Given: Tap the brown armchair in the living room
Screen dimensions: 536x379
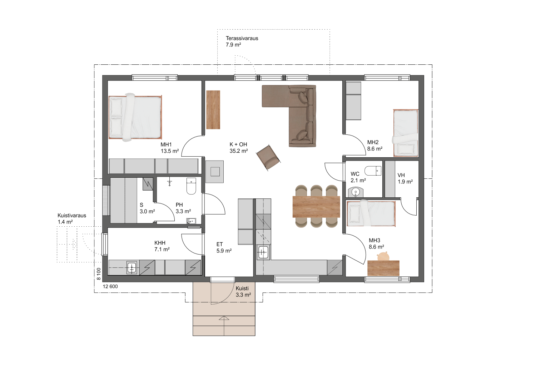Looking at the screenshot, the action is click(268, 157).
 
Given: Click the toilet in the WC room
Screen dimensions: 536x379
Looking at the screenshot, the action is click(373, 171).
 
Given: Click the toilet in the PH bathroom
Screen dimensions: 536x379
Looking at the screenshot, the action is click(191, 186).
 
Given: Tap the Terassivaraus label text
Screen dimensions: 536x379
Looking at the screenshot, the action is click(242, 38).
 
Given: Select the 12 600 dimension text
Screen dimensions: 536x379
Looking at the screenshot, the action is click(110, 286).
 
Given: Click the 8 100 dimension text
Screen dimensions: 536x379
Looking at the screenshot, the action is click(99, 274).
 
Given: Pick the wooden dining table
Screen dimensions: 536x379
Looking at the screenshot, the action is click(316, 207).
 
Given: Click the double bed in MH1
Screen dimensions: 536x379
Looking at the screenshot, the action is click(135, 117).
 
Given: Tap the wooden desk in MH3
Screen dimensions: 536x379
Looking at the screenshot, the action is click(383, 268).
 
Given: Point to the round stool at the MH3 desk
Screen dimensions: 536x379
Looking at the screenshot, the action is click(383, 256).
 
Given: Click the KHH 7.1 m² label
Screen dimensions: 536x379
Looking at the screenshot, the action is click(162, 246).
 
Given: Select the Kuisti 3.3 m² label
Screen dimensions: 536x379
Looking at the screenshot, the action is click(243, 292).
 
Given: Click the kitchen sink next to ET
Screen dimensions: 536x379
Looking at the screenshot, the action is click(263, 252).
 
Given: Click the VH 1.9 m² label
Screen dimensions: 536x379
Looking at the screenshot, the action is click(405, 178).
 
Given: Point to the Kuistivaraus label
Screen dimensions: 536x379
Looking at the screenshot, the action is click(72, 216).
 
